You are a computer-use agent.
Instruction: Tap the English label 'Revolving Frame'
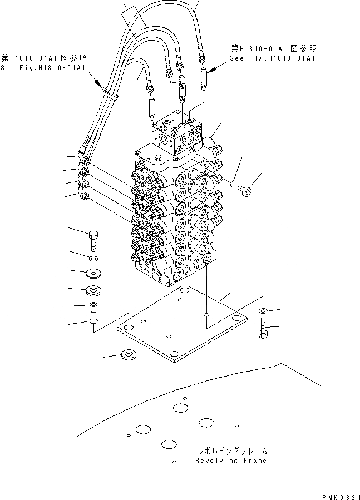(x=231, y=461)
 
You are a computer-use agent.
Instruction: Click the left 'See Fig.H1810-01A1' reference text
(x=43, y=68)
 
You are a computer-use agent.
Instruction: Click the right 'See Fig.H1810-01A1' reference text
(x=273, y=58)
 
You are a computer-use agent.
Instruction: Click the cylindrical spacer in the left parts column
(x=93, y=306)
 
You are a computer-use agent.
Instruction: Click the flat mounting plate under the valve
(x=181, y=325)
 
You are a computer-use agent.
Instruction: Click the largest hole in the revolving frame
(x=180, y=408)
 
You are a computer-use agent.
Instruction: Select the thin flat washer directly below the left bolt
(x=92, y=259)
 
